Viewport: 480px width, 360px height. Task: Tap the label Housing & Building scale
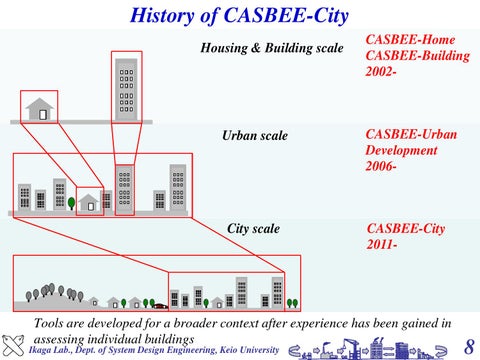pyautogui.click(x=272, y=48)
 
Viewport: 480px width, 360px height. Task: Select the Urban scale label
pyautogui.click(x=254, y=135)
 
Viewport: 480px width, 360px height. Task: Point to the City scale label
pyautogui.click(x=253, y=229)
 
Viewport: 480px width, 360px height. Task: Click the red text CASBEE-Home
pyautogui.click(x=411, y=39)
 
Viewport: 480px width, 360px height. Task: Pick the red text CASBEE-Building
pyautogui.click(x=418, y=56)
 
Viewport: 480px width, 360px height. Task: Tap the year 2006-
pyautogui.click(x=382, y=167)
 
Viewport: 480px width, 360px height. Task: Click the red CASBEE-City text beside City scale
pyautogui.click(x=406, y=229)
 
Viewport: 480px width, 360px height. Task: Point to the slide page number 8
pyautogui.click(x=469, y=346)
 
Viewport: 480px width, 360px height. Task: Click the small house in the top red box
pyautogui.click(x=39, y=107)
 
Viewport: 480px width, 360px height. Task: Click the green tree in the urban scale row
pyautogui.click(x=71, y=204)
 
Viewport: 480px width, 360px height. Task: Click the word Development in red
pyautogui.click(x=402, y=150)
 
